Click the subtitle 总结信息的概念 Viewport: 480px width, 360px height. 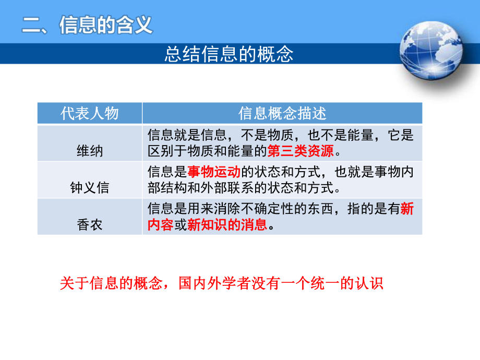coord(229,54)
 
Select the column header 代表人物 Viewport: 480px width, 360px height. coord(90,113)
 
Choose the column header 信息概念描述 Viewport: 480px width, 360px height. coord(282,113)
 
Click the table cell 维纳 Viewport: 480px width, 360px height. coord(90,151)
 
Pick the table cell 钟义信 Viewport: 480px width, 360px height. coord(90,187)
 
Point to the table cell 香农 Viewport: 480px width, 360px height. coord(90,225)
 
